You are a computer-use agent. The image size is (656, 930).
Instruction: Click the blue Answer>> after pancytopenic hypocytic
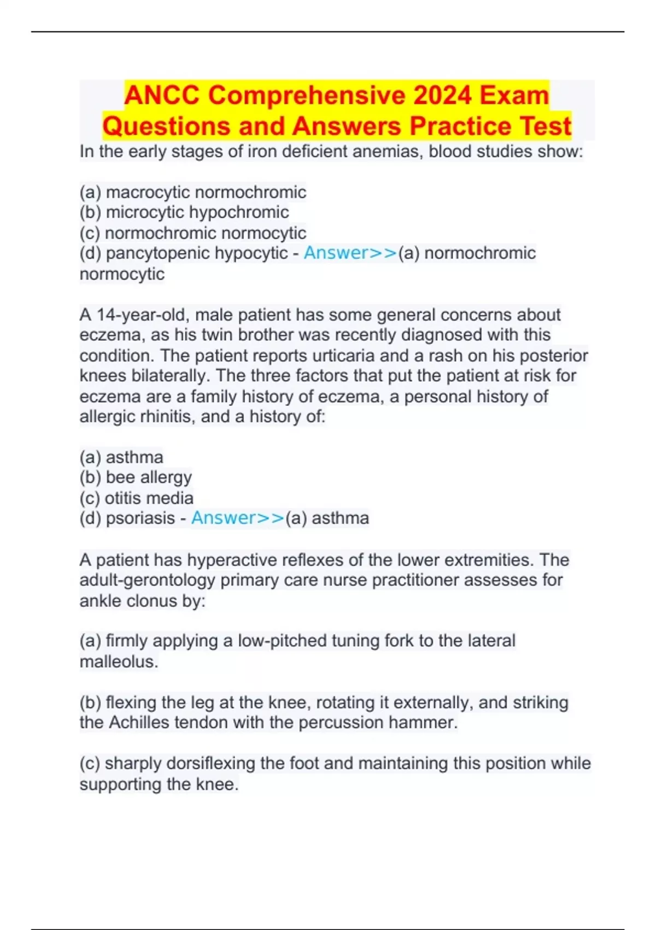point(350,253)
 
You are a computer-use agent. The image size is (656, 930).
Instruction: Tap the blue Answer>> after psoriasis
point(237,518)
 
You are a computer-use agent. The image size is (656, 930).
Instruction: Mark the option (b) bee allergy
point(136,478)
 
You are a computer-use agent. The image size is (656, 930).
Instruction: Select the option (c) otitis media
point(137,498)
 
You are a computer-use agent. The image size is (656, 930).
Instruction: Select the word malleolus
point(118,662)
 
